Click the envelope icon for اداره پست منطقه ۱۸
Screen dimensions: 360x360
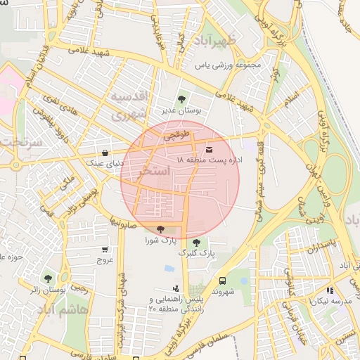click(x=209, y=149)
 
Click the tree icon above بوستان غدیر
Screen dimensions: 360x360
click(x=182, y=99)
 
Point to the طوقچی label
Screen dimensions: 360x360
click(x=177, y=138)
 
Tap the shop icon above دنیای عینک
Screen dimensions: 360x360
click(x=105, y=152)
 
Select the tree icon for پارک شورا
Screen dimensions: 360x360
click(x=161, y=229)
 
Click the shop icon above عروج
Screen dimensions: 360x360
click(x=105, y=249)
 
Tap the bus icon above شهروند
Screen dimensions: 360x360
click(x=222, y=280)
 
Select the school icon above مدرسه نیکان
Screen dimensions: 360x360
click(x=329, y=290)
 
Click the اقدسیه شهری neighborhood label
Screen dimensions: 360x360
click(x=129, y=104)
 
